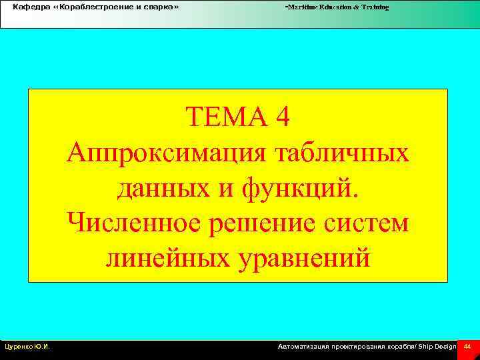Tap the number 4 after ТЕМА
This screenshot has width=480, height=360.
[282, 120]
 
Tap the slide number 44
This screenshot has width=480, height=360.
[467, 347]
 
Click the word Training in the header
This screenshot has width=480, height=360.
[375, 7]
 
